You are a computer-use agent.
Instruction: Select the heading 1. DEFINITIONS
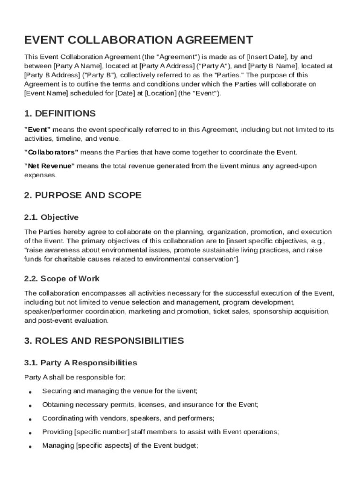click(x=60, y=114)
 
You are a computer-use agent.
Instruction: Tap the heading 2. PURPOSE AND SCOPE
click(x=83, y=195)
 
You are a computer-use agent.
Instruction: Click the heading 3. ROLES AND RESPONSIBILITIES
click(x=104, y=341)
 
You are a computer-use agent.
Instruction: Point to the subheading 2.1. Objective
click(x=51, y=217)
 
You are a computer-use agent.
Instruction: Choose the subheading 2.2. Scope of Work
click(x=62, y=278)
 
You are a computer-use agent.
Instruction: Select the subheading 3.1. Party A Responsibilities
click(x=80, y=363)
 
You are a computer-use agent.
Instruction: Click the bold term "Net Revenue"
click(x=49, y=166)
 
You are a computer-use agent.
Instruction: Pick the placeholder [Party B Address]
click(x=51, y=75)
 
